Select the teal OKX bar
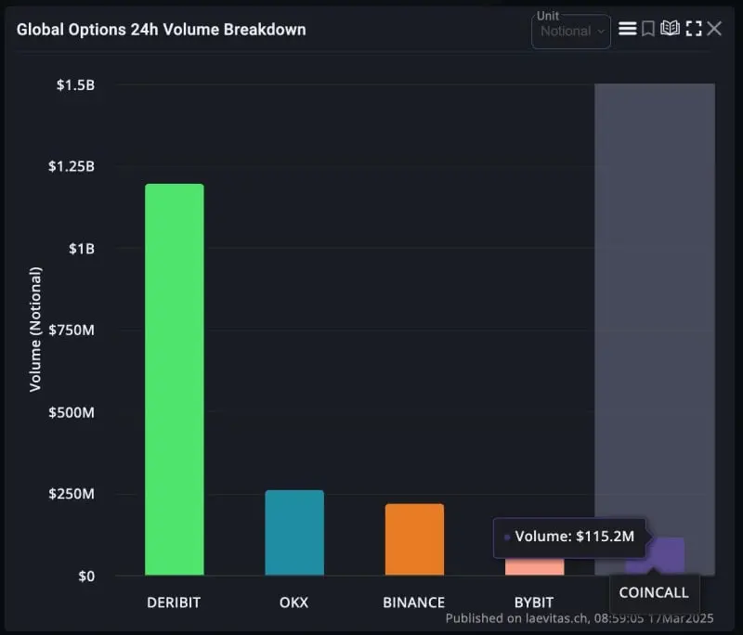click(x=294, y=533)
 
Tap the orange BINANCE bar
click(x=414, y=539)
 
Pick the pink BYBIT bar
click(x=534, y=566)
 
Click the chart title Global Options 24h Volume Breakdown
click(x=161, y=29)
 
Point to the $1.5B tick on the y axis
click(x=75, y=84)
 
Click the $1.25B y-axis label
click(x=71, y=166)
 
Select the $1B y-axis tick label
click(x=81, y=248)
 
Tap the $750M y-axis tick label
click(x=72, y=330)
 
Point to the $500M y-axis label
click(x=72, y=411)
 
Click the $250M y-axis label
click(x=72, y=493)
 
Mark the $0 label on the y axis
click(x=85, y=576)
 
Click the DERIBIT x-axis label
click(x=174, y=603)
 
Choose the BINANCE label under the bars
click(x=414, y=603)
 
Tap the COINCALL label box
click(x=655, y=592)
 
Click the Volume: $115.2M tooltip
click(x=568, y=537)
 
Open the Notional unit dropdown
click(x=571, y=32)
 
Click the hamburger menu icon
click(x=628, y=29)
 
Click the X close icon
click(x=714, y=29)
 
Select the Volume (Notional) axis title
click(x=35, y=330)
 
